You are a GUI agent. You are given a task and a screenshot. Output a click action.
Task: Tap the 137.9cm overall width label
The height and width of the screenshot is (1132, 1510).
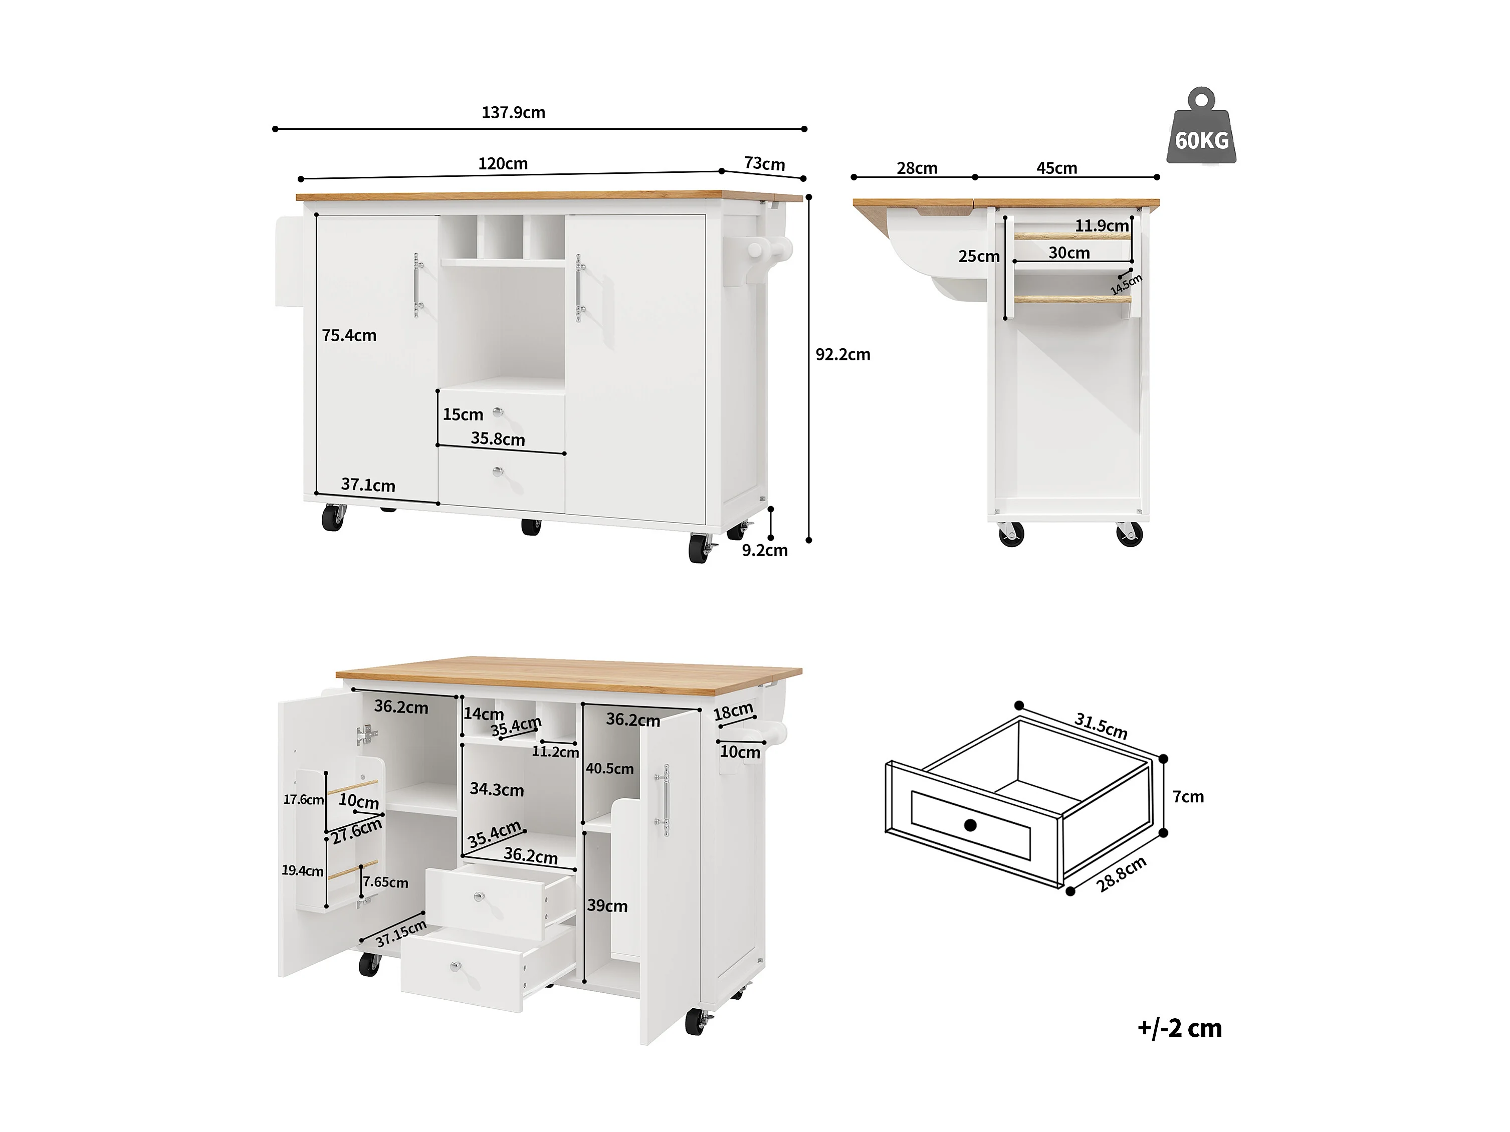[513, 112]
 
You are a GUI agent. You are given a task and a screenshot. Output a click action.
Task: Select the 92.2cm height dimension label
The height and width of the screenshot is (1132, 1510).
[842, 354]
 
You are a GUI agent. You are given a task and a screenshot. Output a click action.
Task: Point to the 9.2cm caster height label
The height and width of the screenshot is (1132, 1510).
[765, 550]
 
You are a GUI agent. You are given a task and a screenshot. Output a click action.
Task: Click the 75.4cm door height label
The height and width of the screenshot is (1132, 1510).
[349, 335]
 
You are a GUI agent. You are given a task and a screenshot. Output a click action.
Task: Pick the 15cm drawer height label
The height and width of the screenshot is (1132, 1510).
[463, 414]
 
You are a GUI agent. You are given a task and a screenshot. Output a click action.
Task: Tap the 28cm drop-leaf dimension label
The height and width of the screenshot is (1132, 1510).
[917, 168]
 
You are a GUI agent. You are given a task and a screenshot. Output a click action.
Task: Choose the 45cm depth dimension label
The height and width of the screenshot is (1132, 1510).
[1057, 168]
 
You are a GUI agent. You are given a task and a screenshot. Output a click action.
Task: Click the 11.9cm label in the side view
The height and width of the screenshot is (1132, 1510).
[1101, 225]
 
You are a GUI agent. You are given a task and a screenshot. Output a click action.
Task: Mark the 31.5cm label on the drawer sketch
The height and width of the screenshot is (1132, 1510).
[1101, 725]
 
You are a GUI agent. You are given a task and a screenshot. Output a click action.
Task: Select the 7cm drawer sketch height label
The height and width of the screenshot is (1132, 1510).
[1188, 797]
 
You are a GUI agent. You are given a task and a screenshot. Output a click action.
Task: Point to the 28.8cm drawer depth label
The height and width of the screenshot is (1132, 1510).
[1121, 874]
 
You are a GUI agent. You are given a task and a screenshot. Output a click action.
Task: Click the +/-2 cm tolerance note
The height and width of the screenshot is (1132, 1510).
[1179, 1028]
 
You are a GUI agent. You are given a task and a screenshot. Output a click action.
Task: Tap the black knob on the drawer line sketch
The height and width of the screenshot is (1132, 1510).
[970, 825]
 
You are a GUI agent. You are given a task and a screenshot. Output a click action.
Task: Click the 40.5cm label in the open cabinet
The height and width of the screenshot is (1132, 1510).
[609, 769]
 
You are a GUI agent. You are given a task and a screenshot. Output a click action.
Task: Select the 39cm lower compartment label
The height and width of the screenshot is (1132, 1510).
[607, 906]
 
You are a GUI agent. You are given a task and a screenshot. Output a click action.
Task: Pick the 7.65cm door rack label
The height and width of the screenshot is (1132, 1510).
[386, 882]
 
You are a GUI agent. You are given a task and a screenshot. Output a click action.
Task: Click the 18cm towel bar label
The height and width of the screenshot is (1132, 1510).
[733, 712]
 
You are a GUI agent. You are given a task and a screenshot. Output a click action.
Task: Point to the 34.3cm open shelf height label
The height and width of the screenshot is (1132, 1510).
[496, 790]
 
